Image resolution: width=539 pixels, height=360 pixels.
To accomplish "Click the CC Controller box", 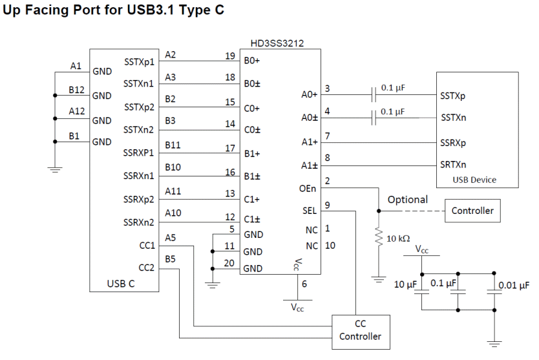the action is coord(361,332).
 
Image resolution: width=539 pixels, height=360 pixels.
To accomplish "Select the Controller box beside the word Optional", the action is coord(472,211).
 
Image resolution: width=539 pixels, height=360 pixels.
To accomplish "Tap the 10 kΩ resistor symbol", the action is coord(379,236).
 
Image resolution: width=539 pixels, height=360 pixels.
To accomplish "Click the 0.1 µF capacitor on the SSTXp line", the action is coord(374,94).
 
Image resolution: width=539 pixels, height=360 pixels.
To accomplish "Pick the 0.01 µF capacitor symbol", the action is coord(494,291).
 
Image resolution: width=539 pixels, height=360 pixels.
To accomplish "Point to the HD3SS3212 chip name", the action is coord(277,43).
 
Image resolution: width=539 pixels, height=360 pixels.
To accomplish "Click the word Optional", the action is coord(408,200).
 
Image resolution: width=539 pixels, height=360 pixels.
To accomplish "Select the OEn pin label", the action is coord(308,189).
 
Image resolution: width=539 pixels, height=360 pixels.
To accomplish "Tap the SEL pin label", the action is coord(310,211).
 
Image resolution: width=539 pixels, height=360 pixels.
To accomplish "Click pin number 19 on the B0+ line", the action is coord(230,56).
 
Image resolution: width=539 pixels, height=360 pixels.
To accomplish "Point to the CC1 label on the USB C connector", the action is coord(147,246).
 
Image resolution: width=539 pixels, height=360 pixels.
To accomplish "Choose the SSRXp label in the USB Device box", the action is coord(453,143).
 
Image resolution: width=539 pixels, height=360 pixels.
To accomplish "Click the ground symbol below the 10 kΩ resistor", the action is coord(379,279).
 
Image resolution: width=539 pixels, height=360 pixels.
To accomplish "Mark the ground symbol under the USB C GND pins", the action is coord(55,169).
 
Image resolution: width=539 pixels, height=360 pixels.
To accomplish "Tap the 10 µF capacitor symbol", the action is coord(422,291).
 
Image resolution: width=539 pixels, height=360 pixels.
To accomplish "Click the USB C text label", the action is coord(121,284).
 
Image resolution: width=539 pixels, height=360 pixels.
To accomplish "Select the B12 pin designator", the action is coord(76,90).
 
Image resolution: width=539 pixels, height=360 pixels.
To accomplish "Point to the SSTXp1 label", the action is coord(139,62).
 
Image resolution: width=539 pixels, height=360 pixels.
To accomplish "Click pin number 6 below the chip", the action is coord(304,284).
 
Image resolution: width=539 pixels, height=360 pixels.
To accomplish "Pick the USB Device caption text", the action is coord(474,180).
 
